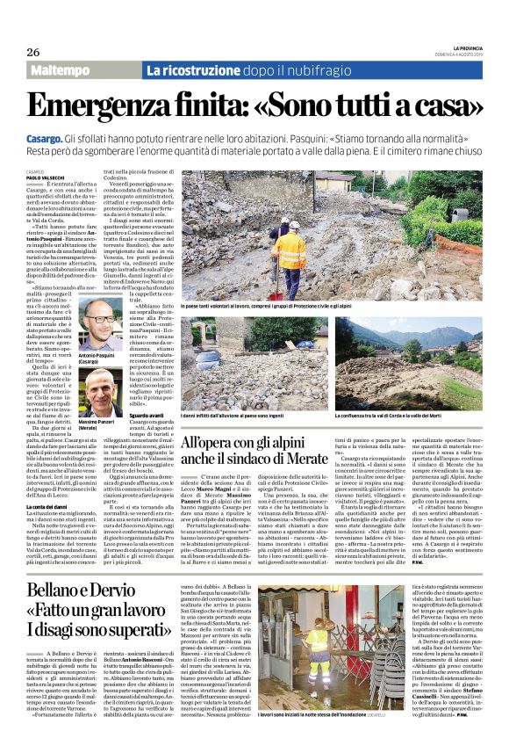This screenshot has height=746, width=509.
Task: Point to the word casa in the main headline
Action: click(447, 103)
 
